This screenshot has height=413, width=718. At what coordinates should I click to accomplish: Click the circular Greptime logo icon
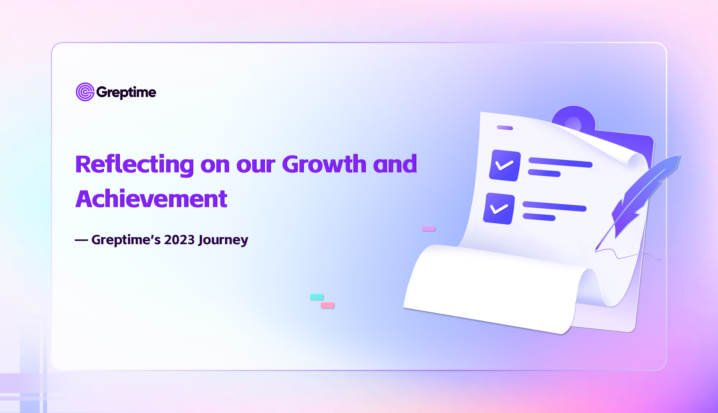pyautogui.click(x=85, y=92)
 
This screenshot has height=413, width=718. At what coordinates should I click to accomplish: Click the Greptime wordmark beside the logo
pyautogui.click(x=126, y=92)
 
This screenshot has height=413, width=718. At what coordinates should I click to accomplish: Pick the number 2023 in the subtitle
pyautogui.click(x=180, y=240)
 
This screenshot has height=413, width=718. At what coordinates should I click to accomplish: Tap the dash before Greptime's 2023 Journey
pyautogui.click(x=81, y=240)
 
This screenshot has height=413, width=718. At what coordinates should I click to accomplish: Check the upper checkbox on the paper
pyautogui.click(x=505, y=165)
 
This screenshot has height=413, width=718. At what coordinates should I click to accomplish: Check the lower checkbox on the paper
pyautogui.click(x=499, y=209)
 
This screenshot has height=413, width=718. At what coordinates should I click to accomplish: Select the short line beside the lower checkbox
pyautogui.click(x=539, y=217)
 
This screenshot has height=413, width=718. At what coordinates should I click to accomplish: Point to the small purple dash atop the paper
pyautogui.click(x=505, y=128)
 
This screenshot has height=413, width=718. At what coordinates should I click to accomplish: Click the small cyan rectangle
pyautogui.click(x=317, y=297)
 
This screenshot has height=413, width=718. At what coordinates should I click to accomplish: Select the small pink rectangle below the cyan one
pyautogui.click(x=327, y=305)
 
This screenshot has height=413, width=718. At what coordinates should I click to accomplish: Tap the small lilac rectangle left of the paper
pyautogui.click(x=428, y=229)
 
